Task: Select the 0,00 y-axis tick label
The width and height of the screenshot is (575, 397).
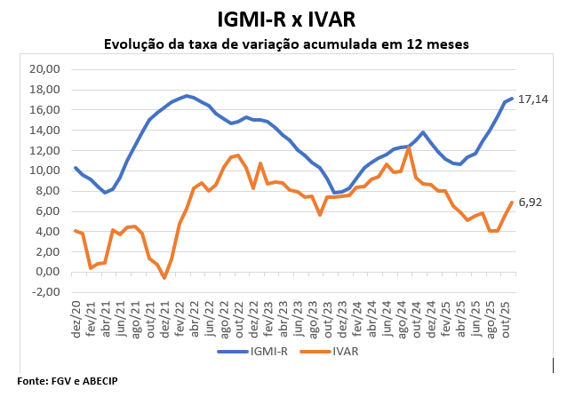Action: pos(47,272)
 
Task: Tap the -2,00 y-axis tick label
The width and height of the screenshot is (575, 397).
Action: pos(45,292)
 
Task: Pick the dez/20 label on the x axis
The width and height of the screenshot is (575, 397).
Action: pos(76,315)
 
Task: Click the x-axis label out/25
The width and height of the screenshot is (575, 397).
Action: pos(507,315)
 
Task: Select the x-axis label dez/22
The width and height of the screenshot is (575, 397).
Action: pos(254,315)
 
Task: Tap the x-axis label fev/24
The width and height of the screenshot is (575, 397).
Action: pos(358,315)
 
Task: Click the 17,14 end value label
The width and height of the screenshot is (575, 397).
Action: pos(532,99)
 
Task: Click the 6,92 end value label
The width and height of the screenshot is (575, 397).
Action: pos(530,202)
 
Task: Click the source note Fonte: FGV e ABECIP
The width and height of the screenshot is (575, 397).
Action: pos(68,380)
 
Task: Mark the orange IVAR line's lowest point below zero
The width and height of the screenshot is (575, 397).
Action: pos(164,278)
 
